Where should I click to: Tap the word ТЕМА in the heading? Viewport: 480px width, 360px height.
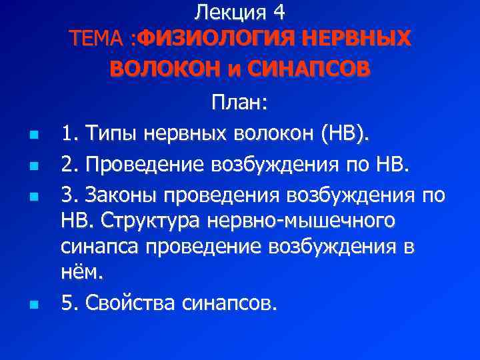pos(99,38)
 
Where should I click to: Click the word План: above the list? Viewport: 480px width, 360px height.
pos(240,103)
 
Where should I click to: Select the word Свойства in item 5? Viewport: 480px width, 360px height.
pos(140,303)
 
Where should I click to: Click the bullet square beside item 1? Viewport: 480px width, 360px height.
pos(33,136)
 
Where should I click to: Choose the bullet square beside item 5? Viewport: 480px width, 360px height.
pos(33,305)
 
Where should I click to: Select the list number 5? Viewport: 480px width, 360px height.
pos(67,303)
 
